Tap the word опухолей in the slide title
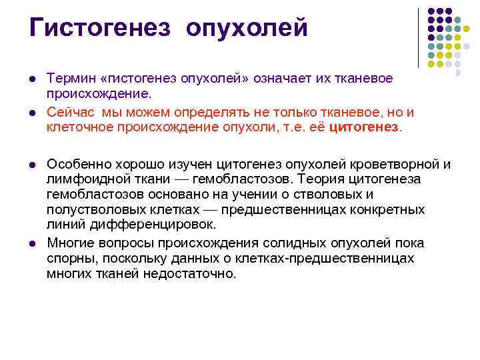(x=247, y=28)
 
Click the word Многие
(x=72, y=243)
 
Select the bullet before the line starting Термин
(x=33, y=79)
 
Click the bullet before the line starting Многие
(x=33, y=243)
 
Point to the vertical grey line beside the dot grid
(x=418, y=37)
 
